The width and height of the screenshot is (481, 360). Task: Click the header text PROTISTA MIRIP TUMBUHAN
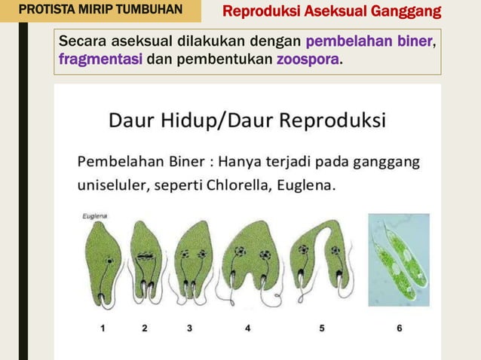click(x=100, y=11)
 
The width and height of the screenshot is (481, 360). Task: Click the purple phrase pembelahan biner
click(x=369, y=41)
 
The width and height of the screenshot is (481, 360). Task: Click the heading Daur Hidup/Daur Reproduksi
click(x=248, y=120)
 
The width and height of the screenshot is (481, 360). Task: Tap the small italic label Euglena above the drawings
click(x=94, y=216)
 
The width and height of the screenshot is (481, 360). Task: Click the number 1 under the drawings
click(x=103, y=328)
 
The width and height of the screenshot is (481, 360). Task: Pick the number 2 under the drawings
click(x=144, y=328)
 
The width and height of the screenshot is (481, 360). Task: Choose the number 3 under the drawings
click(x=189, y=328)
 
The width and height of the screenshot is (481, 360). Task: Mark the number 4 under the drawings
click(x=248, y=328)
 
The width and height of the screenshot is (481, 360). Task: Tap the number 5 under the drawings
click(x=322, y=328)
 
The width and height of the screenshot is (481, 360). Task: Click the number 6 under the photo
click(x=400, y=328)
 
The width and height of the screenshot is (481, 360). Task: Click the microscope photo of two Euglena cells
click(x=399, y=260)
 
